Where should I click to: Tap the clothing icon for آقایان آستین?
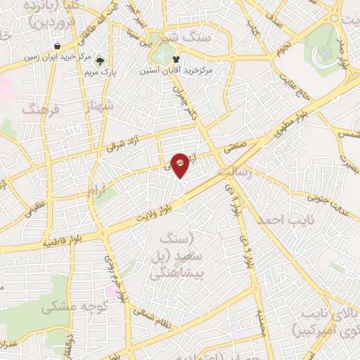point(176,60)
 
